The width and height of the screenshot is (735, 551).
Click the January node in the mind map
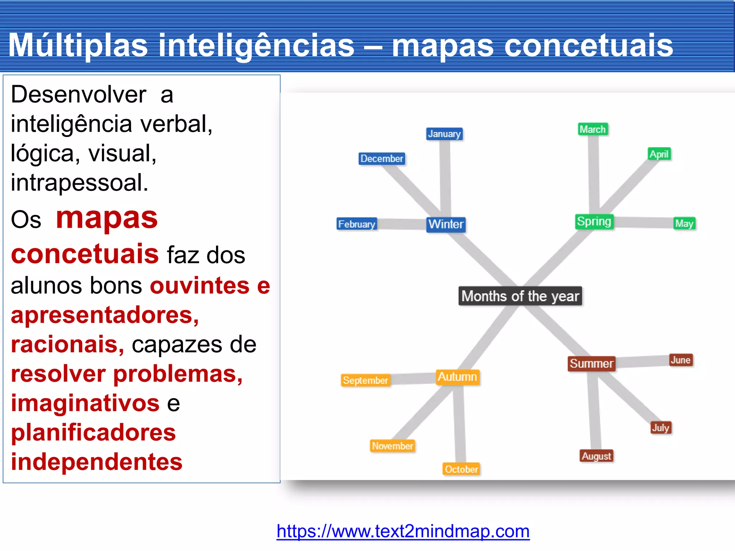tap(444, 134)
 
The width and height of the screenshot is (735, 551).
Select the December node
tap(382, 159)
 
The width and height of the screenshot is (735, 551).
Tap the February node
tap(357, 224)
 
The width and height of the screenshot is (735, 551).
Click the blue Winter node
tap(446, 225)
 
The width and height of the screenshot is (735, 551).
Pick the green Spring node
tap(594, 222)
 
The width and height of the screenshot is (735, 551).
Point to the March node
tap(593, 129)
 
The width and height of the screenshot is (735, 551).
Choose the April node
tap(659, 154)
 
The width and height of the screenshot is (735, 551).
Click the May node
tap(684, 223)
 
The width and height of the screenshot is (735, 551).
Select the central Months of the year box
tap(520, 296)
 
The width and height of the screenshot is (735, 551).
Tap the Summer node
tap(591, 364)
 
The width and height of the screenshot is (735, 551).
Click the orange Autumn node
tap(458, 377)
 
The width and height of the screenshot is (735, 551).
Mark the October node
tap(461, 469)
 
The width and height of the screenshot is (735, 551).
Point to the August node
tap(596, 456)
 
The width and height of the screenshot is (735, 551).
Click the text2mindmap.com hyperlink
tap(403, 531)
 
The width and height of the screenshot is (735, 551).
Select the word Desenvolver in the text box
tap(79, 95)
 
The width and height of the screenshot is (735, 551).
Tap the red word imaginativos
tap(85, 403)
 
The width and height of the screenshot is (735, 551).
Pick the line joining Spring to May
tap(644, 222)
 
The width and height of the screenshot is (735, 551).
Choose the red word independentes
tap(97, 462)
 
